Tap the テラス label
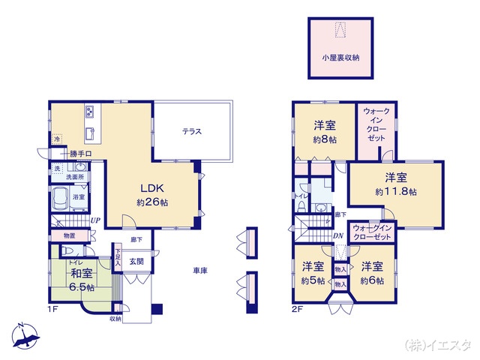(x=192, y=132)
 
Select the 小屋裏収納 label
(x=340, y=56)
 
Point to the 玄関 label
(x=136, y=262)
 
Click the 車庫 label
(x=199, y=270)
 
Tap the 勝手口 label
(x=80, y=154)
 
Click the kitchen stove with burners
(x=88, y=113)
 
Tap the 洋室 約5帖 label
(x=313, y=273)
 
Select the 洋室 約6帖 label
(x=371, y=273)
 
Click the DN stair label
(x=337, y=235)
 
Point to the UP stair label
(x=96, y=220)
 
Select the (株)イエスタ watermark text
(x=437, y=346)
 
